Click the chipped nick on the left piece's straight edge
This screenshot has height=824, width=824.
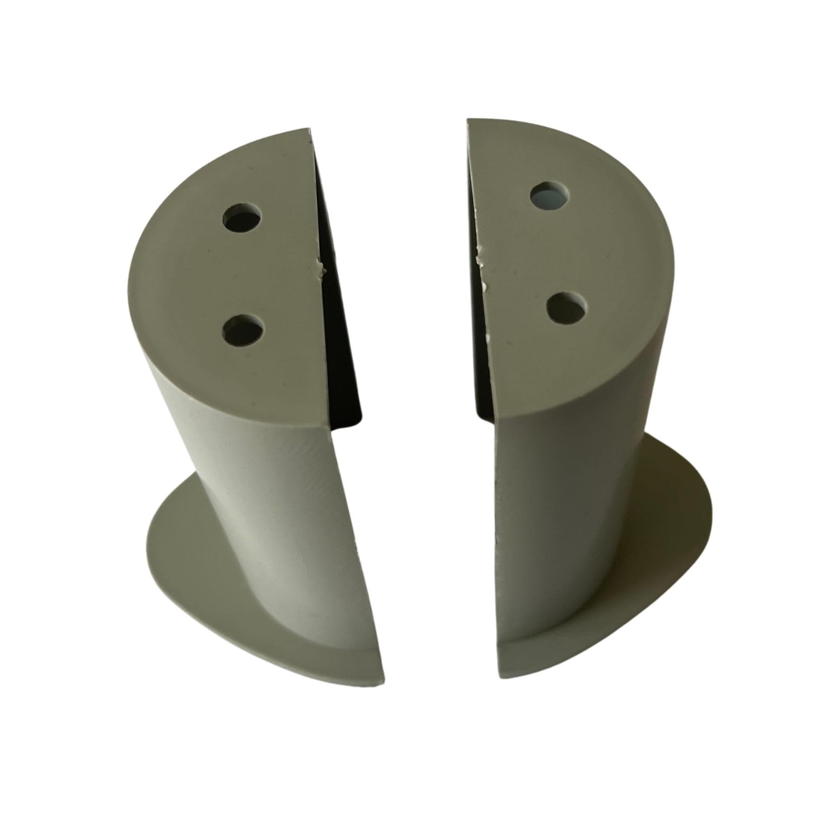pyautogui.click(x=322, y=268)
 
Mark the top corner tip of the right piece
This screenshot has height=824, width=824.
pyautogui.click(x=469, y=122)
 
